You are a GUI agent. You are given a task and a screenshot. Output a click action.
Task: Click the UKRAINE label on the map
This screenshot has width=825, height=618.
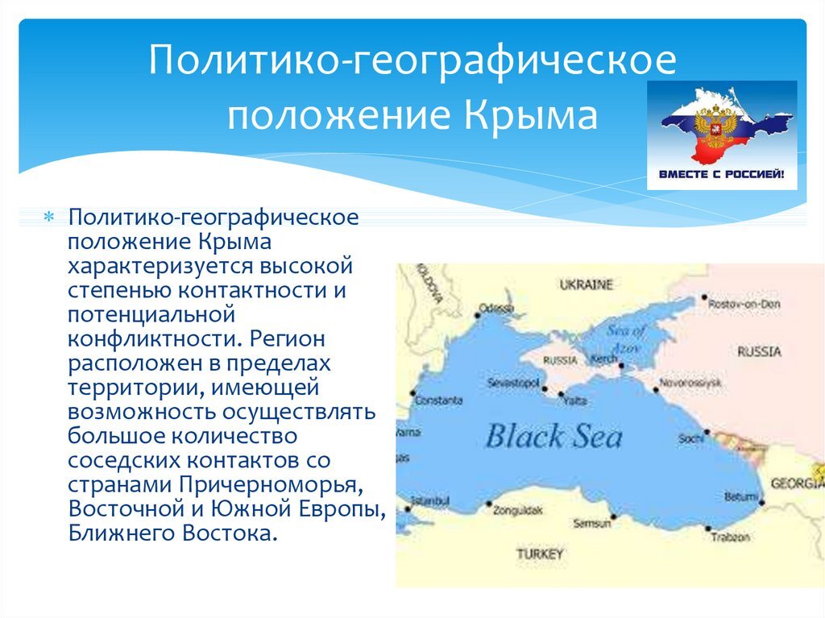(586, 284)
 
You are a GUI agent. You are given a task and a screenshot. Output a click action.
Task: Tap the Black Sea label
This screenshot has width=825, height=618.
(553, 437)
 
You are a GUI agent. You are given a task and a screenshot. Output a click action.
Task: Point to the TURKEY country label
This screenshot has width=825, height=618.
(540, 554)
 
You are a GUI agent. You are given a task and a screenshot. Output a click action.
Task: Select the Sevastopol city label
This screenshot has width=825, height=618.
(512, 384)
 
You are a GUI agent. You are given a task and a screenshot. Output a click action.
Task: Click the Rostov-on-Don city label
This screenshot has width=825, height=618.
(744, 304)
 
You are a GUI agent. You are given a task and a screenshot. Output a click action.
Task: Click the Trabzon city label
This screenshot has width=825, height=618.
(731, 536)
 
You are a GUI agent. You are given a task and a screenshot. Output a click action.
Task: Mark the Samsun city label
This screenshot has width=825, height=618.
(591, 524)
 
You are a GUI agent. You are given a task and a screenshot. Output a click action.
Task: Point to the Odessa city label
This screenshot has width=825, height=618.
(495, 308)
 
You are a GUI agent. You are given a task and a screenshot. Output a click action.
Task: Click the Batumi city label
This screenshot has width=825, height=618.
(740, 497)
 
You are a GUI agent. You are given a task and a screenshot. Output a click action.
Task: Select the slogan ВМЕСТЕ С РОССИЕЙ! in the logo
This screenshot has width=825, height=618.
(722, 173)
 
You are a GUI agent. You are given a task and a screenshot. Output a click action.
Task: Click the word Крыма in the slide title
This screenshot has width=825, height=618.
(531, 115)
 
